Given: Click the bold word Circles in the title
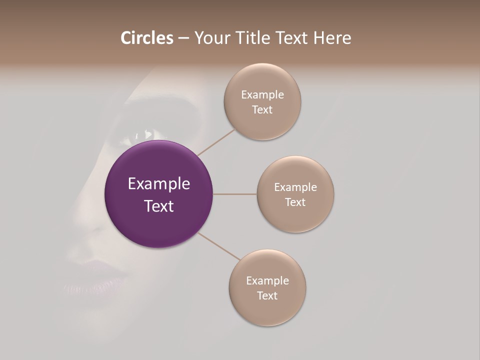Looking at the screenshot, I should (x=146, y=38).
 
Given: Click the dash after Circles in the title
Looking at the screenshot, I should (x=183, y=38).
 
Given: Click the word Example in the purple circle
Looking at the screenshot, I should (x=159, y=184).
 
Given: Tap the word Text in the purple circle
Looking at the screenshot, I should (x=159, y=206).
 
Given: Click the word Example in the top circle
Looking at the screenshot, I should (x=262, y=95).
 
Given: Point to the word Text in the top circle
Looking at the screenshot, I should (x=262, y=110).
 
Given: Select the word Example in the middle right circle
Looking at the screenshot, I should (x=295, y=187).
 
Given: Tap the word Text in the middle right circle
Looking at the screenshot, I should (x=295, y=202).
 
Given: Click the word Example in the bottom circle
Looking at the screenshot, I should (x=267, y=281).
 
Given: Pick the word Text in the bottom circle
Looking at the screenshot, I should (x=267, y=296).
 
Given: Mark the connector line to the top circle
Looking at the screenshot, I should (x=216, y=142).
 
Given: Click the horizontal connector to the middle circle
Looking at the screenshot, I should (x=234, y=194).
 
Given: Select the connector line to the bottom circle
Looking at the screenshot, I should (x=219, y=246).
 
